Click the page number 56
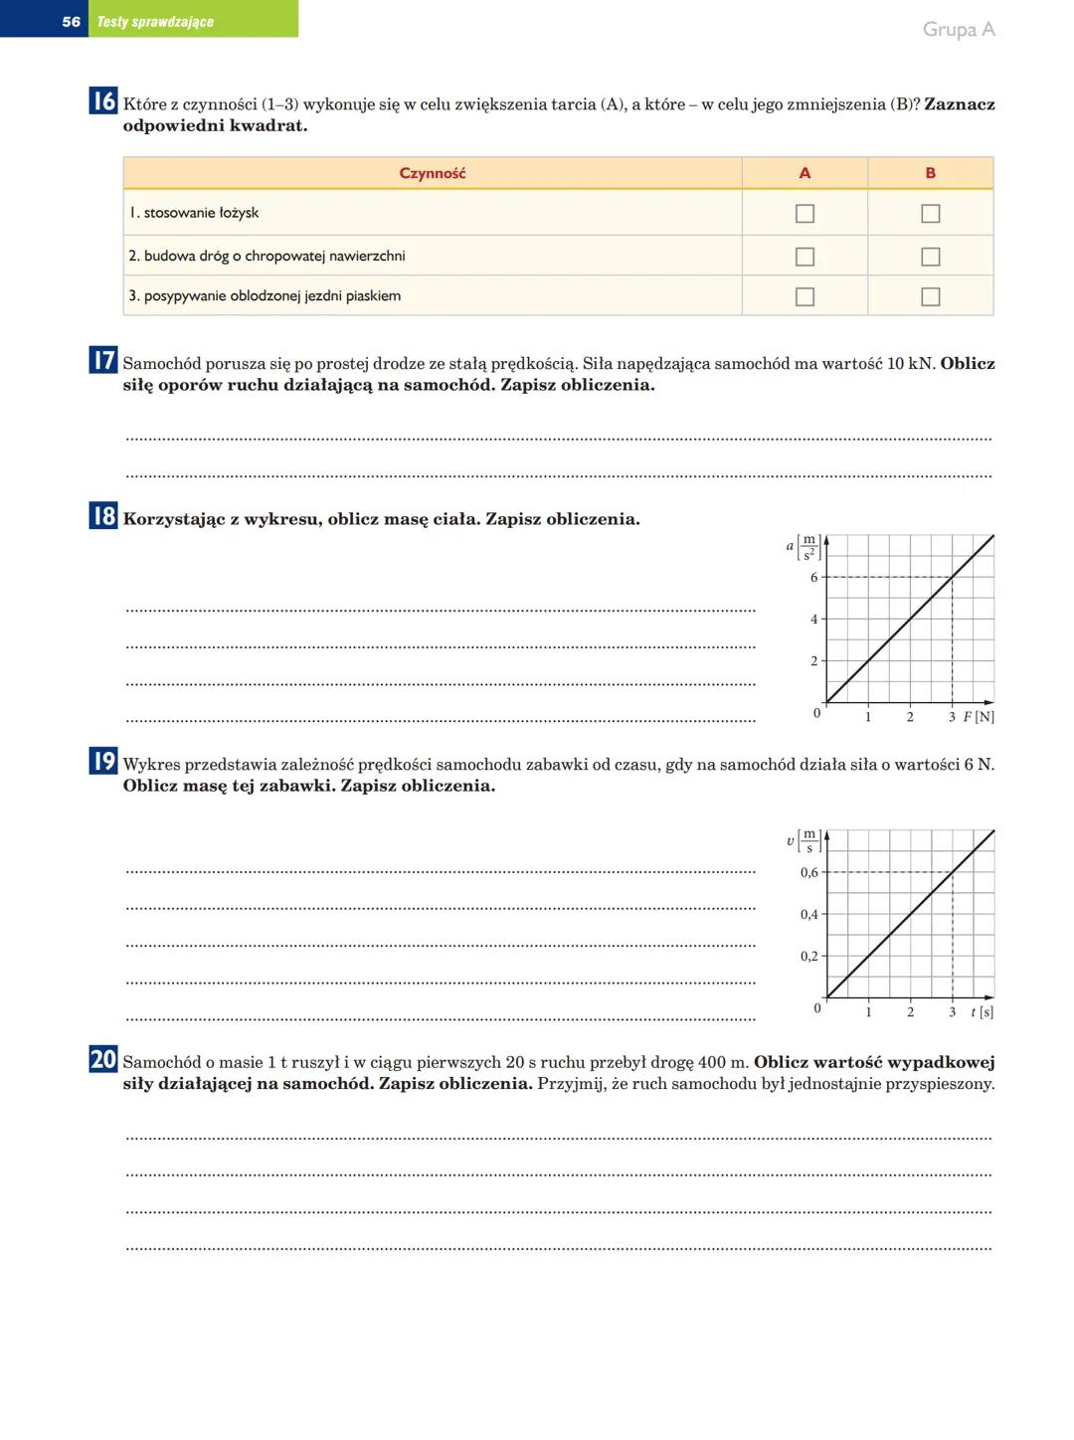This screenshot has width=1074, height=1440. [x=71, y=21]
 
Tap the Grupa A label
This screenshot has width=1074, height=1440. [x=958, y=29]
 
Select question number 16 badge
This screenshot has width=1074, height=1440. [x=103, y=101]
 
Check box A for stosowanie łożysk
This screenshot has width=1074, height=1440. [x=805, y=213]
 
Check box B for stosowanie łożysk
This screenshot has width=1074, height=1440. [x=930, y=213]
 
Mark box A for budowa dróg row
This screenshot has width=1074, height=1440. [x=805, y=257]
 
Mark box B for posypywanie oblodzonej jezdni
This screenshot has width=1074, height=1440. [x=930, y=296]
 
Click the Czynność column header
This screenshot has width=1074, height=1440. [x=432, y=173]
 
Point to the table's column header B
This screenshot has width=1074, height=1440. [x=930, y=173]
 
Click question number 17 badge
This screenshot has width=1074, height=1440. [x=103, y=360]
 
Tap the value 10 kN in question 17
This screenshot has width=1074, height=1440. [x=910, y=364]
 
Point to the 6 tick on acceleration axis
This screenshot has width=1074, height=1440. [x=814, y=578]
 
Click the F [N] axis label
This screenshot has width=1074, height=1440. [x=979, y=717]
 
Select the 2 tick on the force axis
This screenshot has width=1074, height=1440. [x=910, y=717]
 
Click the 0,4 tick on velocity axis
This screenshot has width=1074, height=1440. [x=809, y=915]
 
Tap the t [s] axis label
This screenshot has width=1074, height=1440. [x=982, y=1012]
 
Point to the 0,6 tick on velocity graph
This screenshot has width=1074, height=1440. [x=809, y=873]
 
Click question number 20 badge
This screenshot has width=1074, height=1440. [x=103, y=1059]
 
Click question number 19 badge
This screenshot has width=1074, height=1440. [x=103, y=761]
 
